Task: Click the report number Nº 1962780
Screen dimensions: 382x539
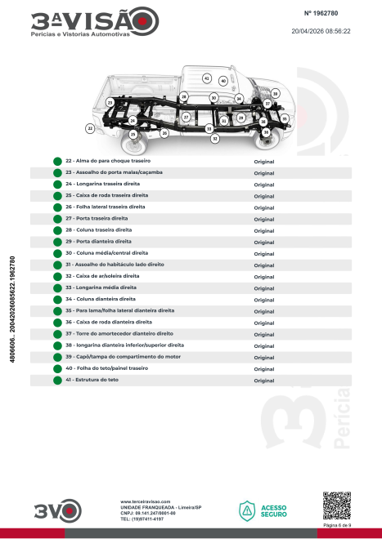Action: [321, 13]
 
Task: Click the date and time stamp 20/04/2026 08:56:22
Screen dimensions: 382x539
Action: [321, 31]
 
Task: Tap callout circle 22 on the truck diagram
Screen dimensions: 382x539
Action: [90, 128]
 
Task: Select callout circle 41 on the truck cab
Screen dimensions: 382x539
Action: [207, 78]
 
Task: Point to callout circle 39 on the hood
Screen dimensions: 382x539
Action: [275, 93]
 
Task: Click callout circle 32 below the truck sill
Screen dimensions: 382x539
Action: [215, 139]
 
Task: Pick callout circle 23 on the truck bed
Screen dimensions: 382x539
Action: [110, 102]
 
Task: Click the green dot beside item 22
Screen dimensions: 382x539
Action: [57, 162]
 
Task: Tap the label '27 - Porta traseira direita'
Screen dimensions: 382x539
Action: [97, 219]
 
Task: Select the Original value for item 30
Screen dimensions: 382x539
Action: [264, 254]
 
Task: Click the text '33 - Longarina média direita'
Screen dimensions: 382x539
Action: [101, 287]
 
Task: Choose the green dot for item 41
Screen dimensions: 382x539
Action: [57, 381]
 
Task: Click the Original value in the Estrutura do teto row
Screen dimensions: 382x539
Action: [264, 381]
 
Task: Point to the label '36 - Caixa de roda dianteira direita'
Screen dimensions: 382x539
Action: [109, 323]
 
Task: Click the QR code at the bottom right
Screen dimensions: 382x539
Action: [337, 506]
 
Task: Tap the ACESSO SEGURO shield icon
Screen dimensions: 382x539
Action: [247, 510]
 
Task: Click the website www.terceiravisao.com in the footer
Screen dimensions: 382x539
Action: [146, 502]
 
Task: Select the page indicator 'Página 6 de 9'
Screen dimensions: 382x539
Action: [337, 525]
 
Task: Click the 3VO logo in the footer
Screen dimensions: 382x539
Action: [58, 510]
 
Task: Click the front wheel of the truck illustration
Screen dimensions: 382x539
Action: [267, 140]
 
